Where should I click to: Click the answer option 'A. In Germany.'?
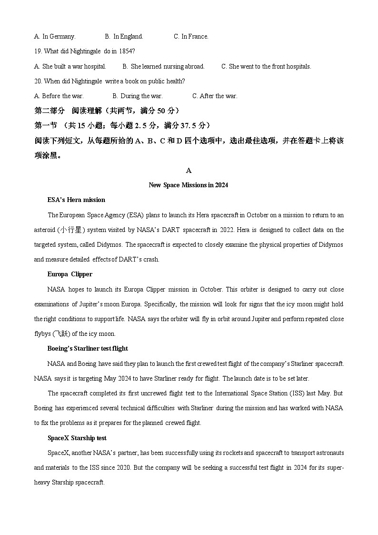point(55,36)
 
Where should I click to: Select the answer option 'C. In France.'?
point(191,36)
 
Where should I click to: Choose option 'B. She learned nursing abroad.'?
point(163,66)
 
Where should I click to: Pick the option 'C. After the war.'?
point(215,96)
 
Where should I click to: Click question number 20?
point(38,81)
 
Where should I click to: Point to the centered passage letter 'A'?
point(189,171)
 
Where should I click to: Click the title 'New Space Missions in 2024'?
point(189,185)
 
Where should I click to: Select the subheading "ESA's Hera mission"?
point(76,200)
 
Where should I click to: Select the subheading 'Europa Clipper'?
point(70,274)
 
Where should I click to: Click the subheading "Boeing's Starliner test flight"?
point(88,348)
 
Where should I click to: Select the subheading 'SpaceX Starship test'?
point(77,438)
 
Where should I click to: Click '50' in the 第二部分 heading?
point(161,111)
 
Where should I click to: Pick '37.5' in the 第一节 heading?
point(189,125)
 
